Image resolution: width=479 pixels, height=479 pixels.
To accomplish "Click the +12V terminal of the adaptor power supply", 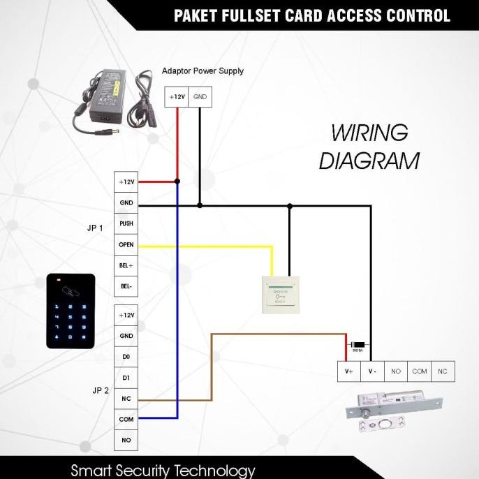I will (x=176, y=97).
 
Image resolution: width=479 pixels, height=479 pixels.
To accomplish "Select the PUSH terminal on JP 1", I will (x=126, y=223).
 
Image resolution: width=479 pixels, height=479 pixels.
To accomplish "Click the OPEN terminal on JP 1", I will (x=126, y=245).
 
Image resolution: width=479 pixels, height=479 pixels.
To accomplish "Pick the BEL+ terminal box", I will (x=126, y=266).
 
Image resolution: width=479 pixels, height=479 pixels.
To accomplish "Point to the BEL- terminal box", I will (x=126, y=286).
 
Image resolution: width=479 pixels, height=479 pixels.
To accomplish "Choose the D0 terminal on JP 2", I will (x=126, y=357).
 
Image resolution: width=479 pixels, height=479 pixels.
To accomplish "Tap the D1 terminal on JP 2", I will (x=126, y=378).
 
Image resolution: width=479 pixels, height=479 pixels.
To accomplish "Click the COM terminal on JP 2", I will (x=126, y=420).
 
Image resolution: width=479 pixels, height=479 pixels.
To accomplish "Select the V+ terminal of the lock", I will (x=349, y=371).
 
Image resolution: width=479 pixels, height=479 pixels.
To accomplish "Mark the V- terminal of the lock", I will (x=372, y=371).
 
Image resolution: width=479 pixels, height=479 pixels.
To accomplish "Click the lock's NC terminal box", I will (x=442, y=371).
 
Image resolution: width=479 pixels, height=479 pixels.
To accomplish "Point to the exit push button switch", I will (x=281, y=294).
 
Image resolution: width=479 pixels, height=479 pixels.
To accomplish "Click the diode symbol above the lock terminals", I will (x=358, y=344).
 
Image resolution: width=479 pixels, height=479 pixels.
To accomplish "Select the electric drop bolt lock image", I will (x=395, y=412).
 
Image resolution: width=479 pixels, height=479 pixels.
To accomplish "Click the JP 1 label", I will (x=95, y=228).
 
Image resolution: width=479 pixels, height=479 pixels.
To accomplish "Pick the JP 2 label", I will (x=101, y=391).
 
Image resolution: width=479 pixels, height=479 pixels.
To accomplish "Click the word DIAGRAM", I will (x=369, y=161).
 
